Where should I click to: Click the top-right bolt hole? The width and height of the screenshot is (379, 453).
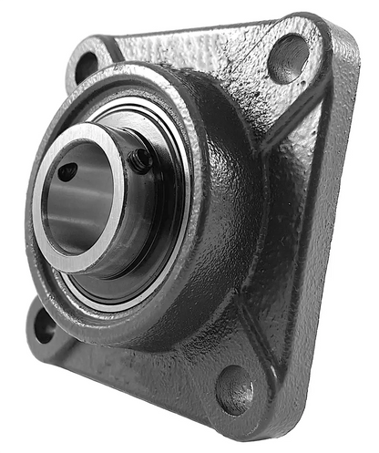288,57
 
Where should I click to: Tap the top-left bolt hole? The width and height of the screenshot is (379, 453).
86,67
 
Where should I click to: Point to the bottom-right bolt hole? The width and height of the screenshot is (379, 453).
234,388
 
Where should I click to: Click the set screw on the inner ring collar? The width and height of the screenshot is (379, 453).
141,160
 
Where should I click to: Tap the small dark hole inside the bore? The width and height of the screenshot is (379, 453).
67,170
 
